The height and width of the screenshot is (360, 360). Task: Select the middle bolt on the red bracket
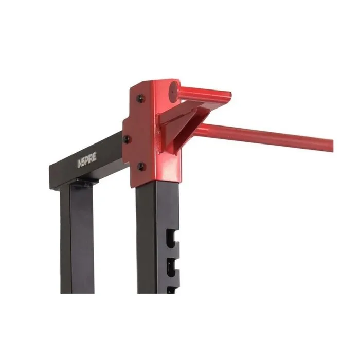(x=127, y=139)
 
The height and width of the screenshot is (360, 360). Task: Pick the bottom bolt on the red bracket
(x=141, y=166)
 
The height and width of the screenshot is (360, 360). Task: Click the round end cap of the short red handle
(x=174, y=92)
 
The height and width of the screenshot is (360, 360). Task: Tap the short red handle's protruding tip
(x=229, y=97)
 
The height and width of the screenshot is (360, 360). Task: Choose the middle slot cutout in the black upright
(x=173, y=266)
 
